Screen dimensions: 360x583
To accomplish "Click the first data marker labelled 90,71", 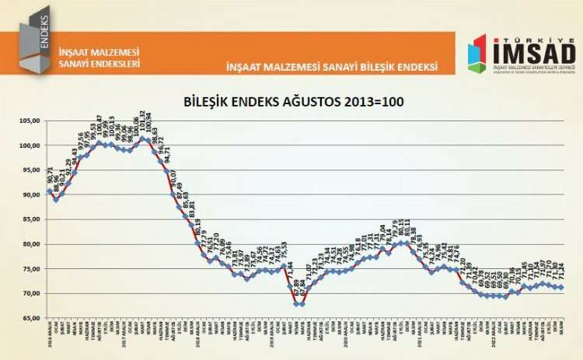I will point(50,191).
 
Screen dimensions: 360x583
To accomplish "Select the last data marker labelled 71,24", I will point(562,288).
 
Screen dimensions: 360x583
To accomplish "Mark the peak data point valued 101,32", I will point(142,139).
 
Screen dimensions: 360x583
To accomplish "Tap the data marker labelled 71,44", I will point(289,286).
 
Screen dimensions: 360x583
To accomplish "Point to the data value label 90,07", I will point(173,180).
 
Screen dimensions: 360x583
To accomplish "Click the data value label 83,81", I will point(192,211).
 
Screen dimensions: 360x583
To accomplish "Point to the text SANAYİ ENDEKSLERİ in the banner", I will point(99,64).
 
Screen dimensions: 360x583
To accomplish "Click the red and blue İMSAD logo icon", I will point(477,54).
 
